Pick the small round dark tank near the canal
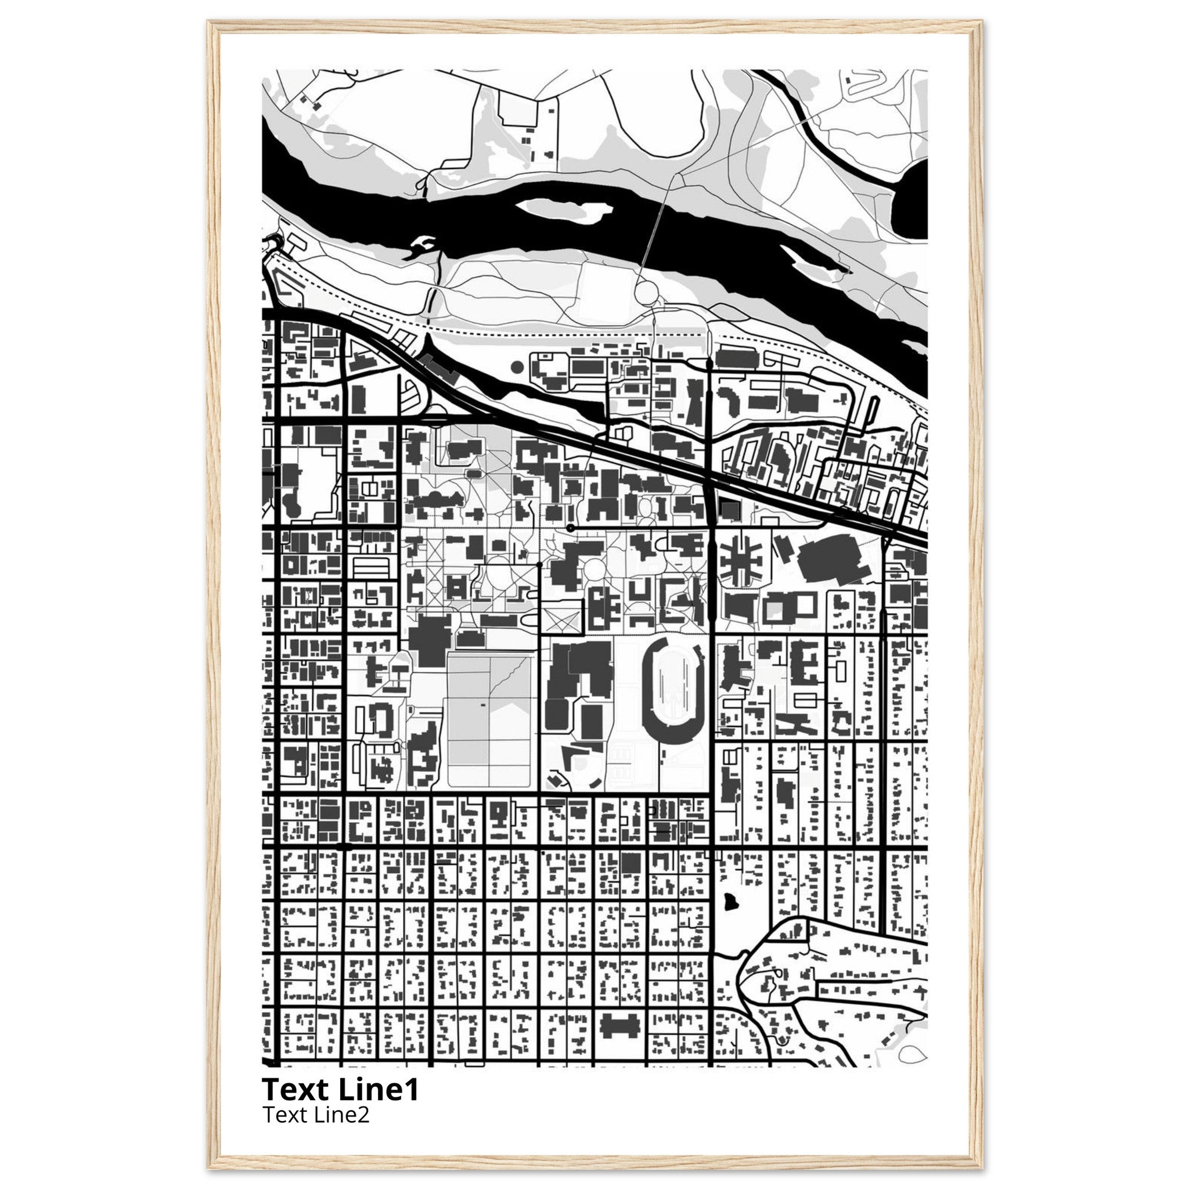[x=517, y=367]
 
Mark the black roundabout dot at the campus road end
[x=571, y=528]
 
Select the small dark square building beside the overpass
[x=730, y=510]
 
